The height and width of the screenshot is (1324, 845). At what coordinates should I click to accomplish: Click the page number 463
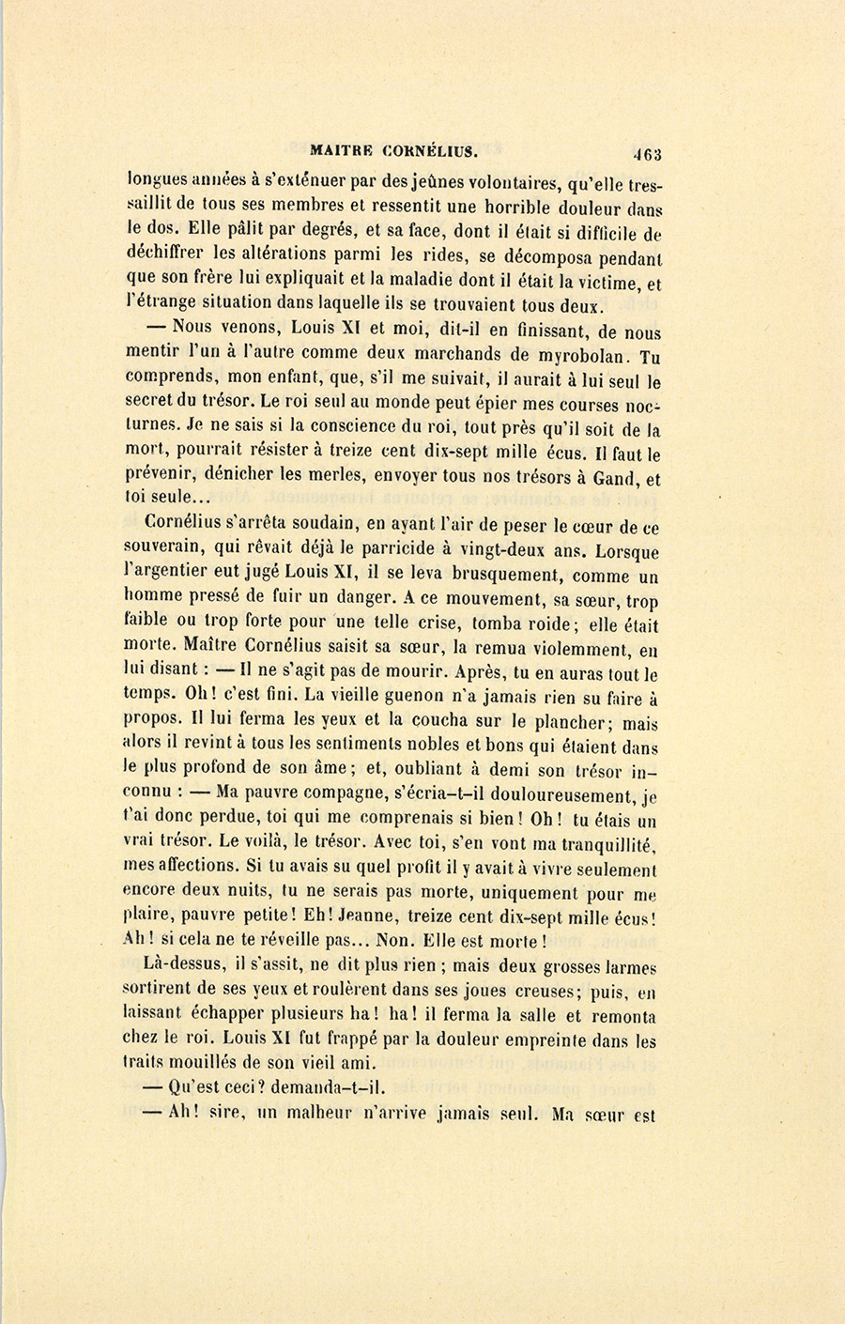[x=646, y=154]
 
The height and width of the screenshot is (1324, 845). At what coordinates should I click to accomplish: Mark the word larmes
[x=629, y=966]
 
